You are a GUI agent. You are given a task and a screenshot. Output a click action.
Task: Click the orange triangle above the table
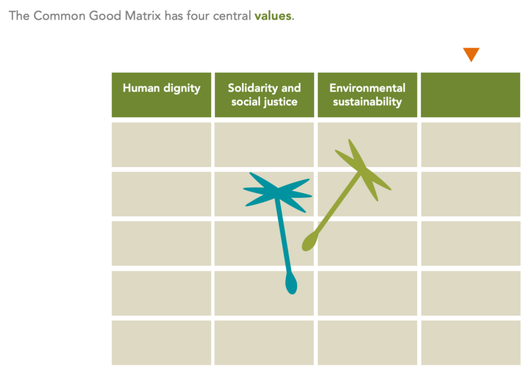click(x=471, y=54)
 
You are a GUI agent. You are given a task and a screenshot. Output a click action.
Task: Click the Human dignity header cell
click(x=161, y=95)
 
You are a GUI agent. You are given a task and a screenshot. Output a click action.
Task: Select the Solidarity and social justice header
click(x=264, y=95)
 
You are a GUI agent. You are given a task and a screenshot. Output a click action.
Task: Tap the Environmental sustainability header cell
click(x=367, y=95)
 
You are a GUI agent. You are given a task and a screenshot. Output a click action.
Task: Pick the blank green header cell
click(x=470, y=95)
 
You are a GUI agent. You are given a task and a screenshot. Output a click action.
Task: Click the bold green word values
click(x=273, y=16)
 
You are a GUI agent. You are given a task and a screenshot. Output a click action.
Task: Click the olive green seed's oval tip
click(x=308, y=242)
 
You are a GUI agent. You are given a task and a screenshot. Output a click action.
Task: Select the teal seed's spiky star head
click(x=278, y=193)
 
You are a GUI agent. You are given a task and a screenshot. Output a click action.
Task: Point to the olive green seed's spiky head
click(x=363, y=169)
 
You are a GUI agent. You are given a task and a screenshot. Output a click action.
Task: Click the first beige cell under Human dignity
click(x=161, y=144)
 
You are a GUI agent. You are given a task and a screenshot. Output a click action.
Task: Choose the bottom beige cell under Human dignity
click(x=161, y=342)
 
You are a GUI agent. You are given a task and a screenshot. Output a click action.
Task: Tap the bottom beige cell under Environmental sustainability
click(x=367, y=342)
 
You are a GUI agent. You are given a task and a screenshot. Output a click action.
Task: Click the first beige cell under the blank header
click(x=470, y=144)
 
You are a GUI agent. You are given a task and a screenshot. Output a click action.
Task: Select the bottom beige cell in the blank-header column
click(x=470, y=342)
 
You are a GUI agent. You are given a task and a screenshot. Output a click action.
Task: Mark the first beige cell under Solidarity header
click(x=264, y=144)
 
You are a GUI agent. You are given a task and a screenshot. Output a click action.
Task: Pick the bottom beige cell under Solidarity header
click(x=264, y=342)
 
